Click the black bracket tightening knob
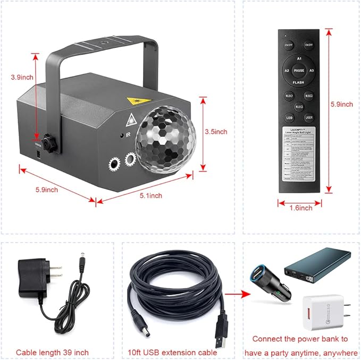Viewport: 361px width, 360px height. [x=50, y=142]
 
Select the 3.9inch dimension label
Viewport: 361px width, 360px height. [x=22, y=76]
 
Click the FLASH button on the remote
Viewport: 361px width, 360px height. [x=299, y=82]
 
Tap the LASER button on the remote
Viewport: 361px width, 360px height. [x=309, y=116]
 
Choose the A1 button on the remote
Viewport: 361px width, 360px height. [x=299, y=58]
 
